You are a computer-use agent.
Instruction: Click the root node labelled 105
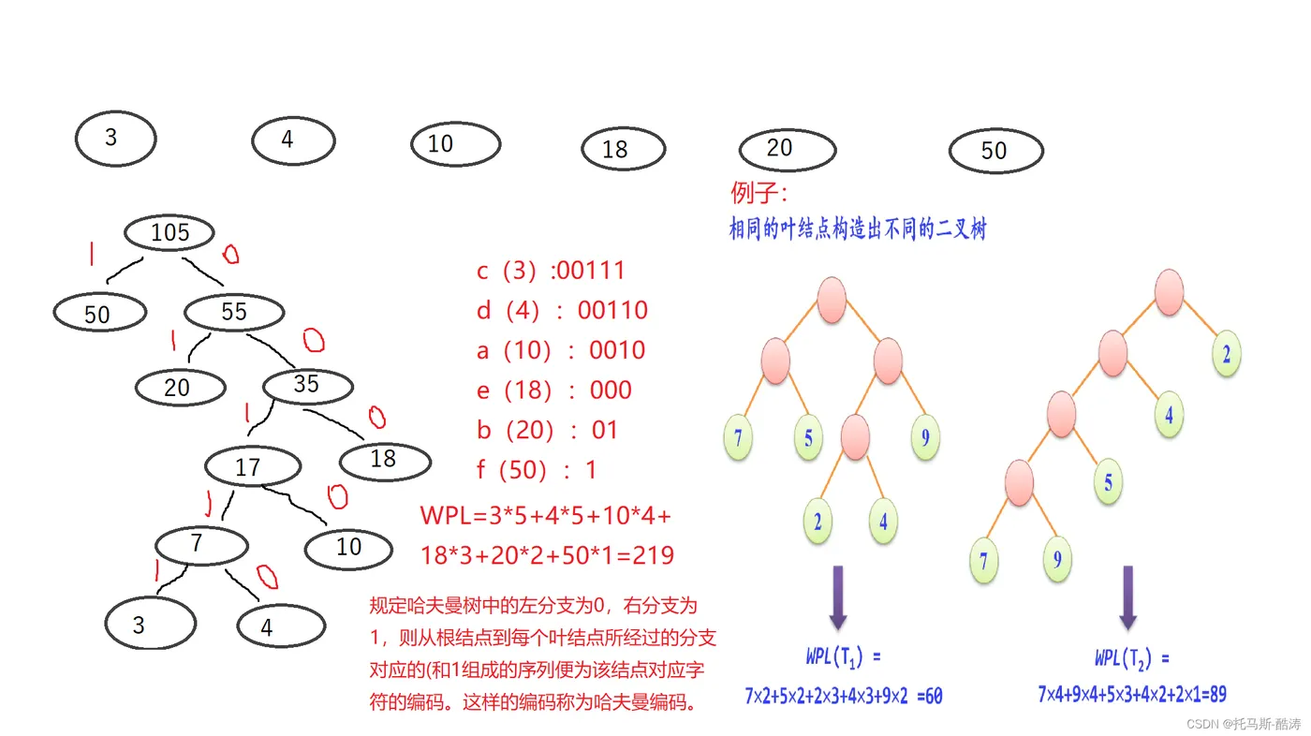[x=169, y=233]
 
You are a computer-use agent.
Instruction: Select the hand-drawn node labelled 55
[x=234, y=313]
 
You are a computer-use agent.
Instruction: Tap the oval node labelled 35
[x=307, y=385]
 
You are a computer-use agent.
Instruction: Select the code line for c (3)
[x=551, y=271]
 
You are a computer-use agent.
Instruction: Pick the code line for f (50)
[x=537, y=469]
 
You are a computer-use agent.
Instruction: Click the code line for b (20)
[x=548, y=430]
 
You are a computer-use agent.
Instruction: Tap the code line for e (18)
[x=554, y=390]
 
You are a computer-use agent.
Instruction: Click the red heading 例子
[x=759, y=194]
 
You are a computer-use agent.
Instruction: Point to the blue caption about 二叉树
[x=857, y=228]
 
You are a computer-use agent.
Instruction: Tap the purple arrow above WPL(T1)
[x=838, y=596]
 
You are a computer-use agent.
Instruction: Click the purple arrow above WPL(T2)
[x=1128, y=596]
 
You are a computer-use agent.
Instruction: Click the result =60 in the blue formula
[x=929, y=696]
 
